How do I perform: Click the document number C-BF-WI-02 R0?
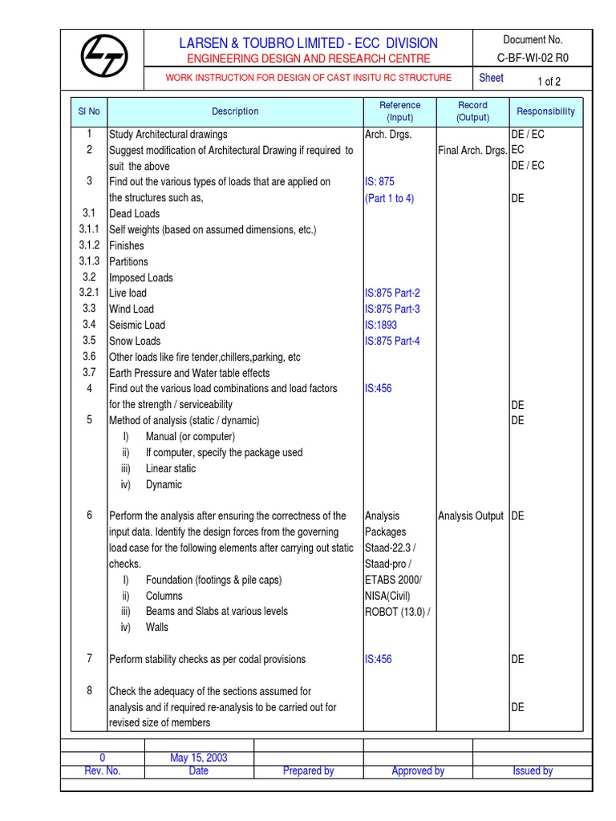pyautogui.click(x=533, y=58)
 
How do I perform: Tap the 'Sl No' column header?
pyautogui.click(x=89, y=111)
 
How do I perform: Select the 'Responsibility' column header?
pyautogui.click(x=545, y=111)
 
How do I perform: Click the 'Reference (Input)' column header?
pyautogui.click(x=399, y=111)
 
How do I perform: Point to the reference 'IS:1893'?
pyautogui.click(x=381, y=325)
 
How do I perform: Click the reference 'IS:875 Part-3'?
pyautogui.click(x=392, y=309)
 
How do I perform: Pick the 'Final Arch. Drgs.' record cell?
pyautogui.click(x=473, y=150)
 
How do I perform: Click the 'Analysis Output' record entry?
pyautogui.click(x=471, y=516)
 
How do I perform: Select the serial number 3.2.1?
pyautogui.click(x=89, y=293)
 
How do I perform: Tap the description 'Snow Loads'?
pyautogui.click(x=135, y=341)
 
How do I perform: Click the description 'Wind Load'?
pyautogui.click(x=132, y=309)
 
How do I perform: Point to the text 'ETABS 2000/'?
pyautogui.click(x=393, y=580)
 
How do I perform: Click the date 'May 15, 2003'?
pyautogui.click(x=198, y=757)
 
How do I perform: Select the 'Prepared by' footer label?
pyautogui.click(x=308, y=770)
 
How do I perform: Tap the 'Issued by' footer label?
pyautogui.click(x=533, y=770)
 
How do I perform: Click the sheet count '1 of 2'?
pyautogui.click(x=549, y=81)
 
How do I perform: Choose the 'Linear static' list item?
pyautogui.click(x=170, y=468)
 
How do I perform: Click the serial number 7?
pyautogui.click(x=90, y=658)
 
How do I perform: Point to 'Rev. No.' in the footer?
pyautogui.click(x=103, y=770)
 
